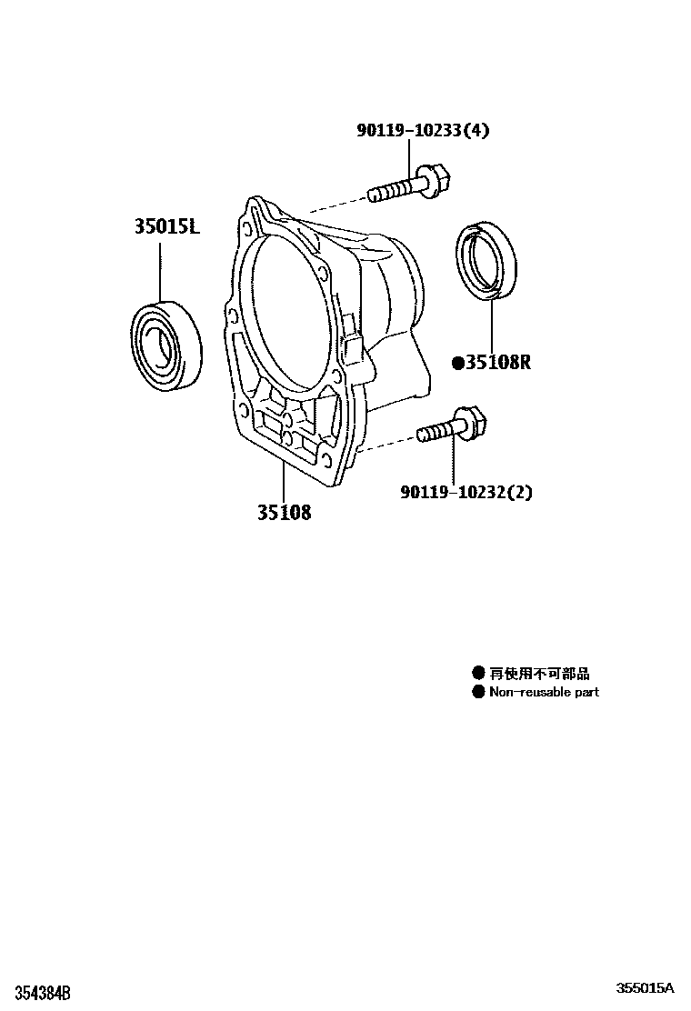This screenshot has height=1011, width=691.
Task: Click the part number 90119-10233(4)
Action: pyautogui.click(x=422, y=130)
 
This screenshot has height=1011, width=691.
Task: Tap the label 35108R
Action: pyautogui.click(x=497, y=363)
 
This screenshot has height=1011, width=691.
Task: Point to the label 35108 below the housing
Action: pyautogui.click(x=283, y=513)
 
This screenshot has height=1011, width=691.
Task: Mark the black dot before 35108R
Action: pyautogui.click(x=458, y=364)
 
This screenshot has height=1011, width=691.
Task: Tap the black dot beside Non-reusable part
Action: pyautogui.click(x=477, y=692)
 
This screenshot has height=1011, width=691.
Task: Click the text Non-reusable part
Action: pyautogui.click(x=544, y=692)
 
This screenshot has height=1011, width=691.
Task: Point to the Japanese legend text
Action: pyautogui.click(x=539, y=674)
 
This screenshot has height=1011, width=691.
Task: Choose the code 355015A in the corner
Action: pyautogui.click(x=645, y=988)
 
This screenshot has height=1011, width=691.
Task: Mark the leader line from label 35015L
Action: pyautogui.click(x=161, y=268)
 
